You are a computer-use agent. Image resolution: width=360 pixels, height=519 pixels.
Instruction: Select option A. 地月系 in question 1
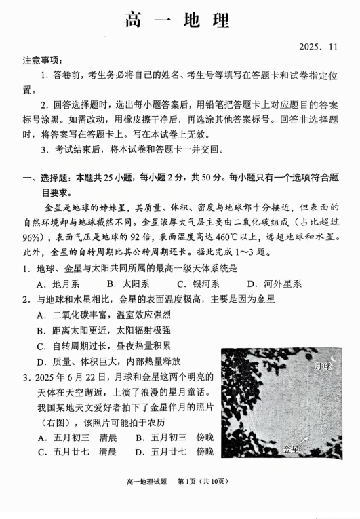pos(58,284)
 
